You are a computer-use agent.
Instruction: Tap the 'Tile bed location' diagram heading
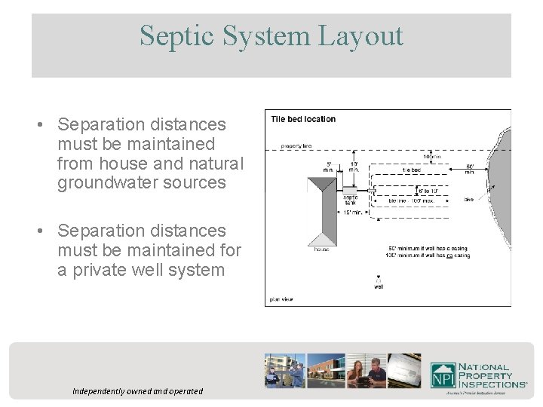click(x=303, y=119)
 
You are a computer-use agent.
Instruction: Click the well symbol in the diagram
click(x=378, y=278)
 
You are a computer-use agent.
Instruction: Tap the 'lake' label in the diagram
click(x=469, y=200)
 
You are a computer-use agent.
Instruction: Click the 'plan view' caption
click(x=281, y=299)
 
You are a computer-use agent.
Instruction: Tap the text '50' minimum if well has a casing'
click(x=428, y=249)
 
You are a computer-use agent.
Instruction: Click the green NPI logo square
click(x=442, y=375)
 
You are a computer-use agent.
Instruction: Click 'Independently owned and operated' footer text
click(x=137, y=391)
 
